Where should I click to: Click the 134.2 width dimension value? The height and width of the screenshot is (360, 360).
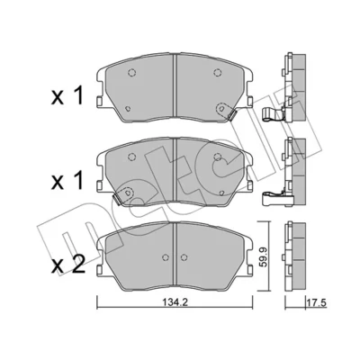175,303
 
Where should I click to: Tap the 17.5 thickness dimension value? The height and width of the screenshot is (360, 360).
316,302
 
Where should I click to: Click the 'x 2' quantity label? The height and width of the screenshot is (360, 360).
67,265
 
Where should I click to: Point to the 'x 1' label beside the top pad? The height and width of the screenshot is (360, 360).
67,96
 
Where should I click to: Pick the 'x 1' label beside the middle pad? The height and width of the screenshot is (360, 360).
67,181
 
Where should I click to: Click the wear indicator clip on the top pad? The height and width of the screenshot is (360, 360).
232,115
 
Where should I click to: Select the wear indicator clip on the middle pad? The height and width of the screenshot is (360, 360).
116,200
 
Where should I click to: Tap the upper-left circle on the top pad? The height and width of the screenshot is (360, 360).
132,73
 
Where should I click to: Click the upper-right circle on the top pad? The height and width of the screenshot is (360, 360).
218,73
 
